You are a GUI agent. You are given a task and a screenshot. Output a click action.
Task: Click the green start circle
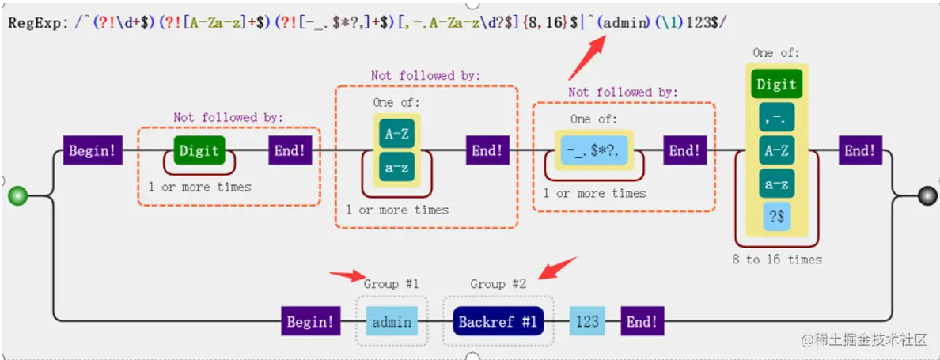17,195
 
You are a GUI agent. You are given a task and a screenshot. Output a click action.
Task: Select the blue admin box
392,322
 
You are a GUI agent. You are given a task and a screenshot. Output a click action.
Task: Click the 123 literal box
587,322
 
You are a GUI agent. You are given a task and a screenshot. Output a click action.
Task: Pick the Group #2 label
498,284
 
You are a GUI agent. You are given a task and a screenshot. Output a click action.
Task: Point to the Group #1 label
391,284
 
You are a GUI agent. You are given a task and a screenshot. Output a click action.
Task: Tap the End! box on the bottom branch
642,322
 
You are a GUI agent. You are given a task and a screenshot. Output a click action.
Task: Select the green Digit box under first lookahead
199,150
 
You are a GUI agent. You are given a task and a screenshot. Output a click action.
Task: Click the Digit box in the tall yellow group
776,85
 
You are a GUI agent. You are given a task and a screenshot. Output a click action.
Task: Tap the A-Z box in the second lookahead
396,134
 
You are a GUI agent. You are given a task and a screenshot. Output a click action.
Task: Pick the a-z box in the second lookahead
396,168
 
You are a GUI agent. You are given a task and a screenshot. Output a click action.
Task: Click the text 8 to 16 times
777,260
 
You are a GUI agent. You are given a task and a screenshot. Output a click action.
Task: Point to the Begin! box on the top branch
92,150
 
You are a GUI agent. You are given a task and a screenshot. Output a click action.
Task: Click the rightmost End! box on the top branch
860,150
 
